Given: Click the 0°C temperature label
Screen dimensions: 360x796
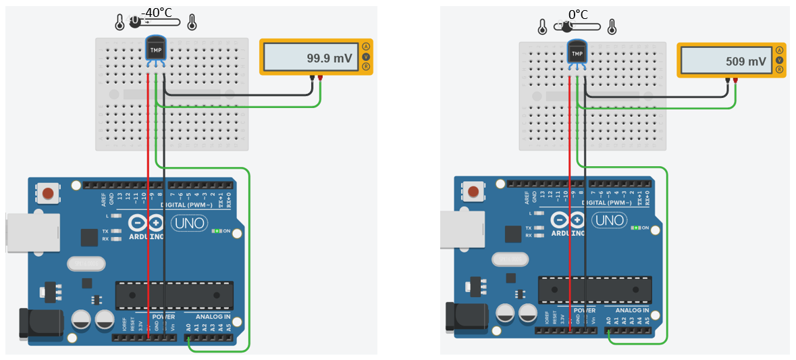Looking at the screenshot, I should click(578, 14).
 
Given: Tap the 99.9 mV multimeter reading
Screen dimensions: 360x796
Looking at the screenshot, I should click(329, 59).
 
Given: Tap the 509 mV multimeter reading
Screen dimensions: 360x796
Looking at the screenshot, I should click(746, 61).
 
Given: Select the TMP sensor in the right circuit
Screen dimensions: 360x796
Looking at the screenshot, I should click(577, 53).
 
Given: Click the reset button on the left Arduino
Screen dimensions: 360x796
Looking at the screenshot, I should click(48, 194).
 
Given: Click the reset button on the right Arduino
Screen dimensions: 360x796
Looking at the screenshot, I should click(473, 192).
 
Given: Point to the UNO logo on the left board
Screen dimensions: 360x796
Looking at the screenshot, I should click(189, 223).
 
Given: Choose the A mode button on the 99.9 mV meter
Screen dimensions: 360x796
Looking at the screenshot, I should click(366, 47).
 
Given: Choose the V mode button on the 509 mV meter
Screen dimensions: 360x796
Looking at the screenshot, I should click(779, 59).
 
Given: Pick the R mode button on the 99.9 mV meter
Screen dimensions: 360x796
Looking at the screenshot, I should click(366, 67).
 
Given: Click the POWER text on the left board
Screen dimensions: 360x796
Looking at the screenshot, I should click(163, 316).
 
